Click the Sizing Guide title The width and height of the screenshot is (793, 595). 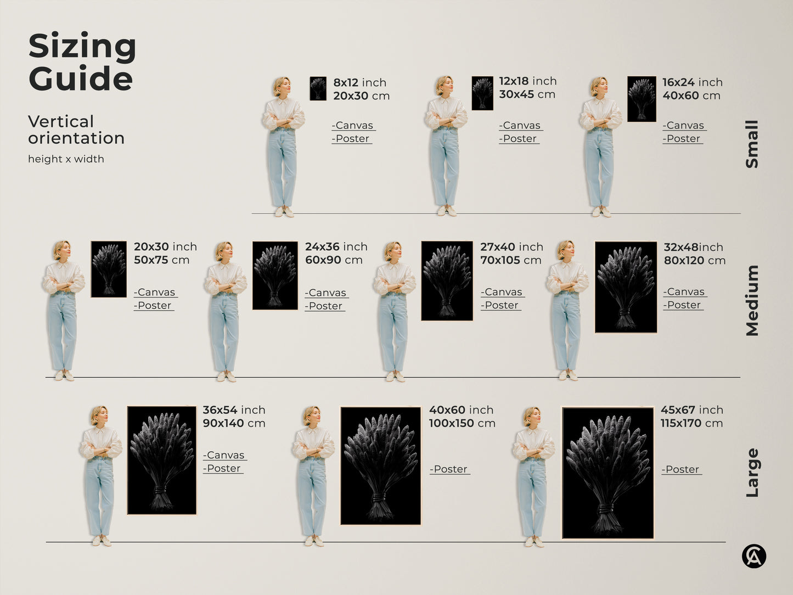pyautogui.click(x=82, y=62)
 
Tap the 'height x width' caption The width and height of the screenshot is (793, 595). pyautogui.click(x=66, y=159)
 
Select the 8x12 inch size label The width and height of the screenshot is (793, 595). pyautogui.click(x=359, y=82)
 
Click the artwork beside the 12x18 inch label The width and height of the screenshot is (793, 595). pyautogui.click(x=482, y=93)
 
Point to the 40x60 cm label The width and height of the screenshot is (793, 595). pyautogui.click(x=691, y=96)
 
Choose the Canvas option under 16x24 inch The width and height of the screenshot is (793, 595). pyautogui.click(x=684, y=126)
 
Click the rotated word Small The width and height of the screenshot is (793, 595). pyautogui.click(x=752, y=144)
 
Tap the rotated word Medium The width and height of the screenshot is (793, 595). pyautogui.click(x=752, y=300)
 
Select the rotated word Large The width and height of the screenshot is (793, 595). pyautogui.click(x=752, y=473)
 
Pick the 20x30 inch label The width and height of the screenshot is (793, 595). pyautogui.click(x=165, y=247)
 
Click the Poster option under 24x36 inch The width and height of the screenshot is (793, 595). pyautogui.click(x=325, y=306)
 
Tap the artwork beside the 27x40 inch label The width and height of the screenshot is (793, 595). pyautogui.click(x=447, y=280)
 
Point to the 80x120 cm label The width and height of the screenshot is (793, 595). pyautogui.click(x=694, y=261)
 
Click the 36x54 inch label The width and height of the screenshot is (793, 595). pyautogui.click(x=234, y=410)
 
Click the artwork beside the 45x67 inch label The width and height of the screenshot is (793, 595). pyautogui.click(x=608, y=473)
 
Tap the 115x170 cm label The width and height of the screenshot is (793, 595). pyautogui.click(x=691, y=423)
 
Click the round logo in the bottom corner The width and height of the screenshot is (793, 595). pyautogui.click(x=753, y=557)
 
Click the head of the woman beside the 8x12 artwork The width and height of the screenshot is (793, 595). pyautogui.click(x=282, y=86)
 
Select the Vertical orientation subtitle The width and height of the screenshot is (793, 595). pyautogui.click(x=76, y=130)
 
